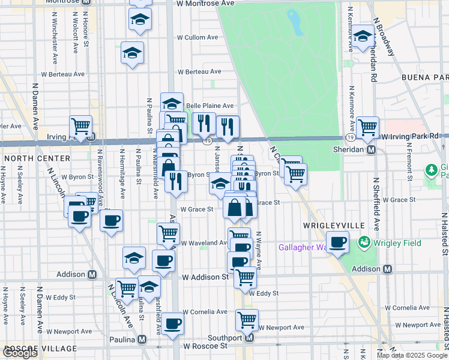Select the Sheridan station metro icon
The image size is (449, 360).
pos(372,149)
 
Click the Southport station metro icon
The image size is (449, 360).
pos(250,338)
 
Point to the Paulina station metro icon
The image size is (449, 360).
pos(142,339)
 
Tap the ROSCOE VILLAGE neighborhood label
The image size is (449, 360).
pos(39,349)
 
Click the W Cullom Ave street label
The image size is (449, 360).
pos(196,37)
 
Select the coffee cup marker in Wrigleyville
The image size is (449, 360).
pos(338,242)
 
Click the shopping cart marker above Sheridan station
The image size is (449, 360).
pos(367,127)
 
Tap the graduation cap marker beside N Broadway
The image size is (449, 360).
pos(363,37)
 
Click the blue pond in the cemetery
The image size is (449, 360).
pos(295,23)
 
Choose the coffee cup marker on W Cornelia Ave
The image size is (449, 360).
pos(173,323)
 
